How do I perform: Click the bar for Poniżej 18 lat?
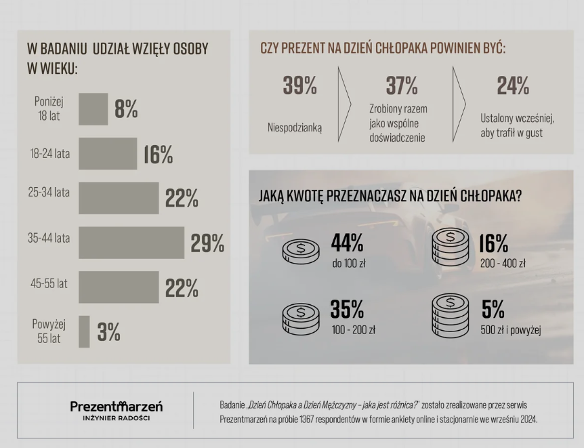coord(93,109)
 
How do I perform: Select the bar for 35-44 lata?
coord(131,242)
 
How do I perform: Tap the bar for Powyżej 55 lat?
coord(84,331)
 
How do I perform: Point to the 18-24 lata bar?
coord(108,154)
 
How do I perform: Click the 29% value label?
coord(207,243)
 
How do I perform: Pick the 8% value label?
coord(126,109)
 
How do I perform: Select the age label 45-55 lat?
coord(49,284)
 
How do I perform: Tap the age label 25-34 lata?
coord(49,192)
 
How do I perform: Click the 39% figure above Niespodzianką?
coord(299,86)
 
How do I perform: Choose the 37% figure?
coord(402,86)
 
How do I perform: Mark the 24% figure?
coord(513,86)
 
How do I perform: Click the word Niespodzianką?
coord(295,126)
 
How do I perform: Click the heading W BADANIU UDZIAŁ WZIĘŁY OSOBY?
coord(117,49)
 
